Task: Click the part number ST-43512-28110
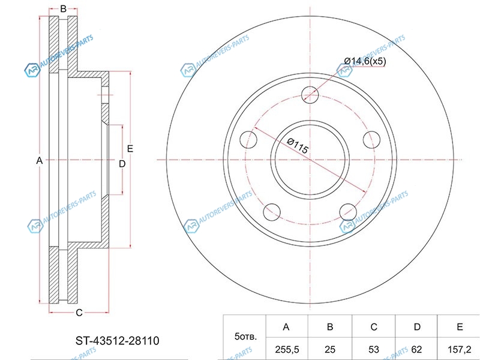tap(118, 341)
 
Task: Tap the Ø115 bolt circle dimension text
tap(298, 146)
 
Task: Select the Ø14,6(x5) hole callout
tap(365, 61)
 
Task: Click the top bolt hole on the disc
tap(310, 95)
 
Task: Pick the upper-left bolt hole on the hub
tap(248, 140)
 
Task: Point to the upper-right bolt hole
tap(371, 140)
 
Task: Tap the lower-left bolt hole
tap(272, 212)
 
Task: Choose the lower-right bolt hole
tap(348, 212)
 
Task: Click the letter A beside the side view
tap(39, 160)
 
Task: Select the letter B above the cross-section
tap(63, 9)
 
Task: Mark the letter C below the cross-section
tap(79, 313)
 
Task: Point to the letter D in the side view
tap(122, 164)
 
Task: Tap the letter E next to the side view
tap(130, 149)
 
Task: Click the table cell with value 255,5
tap(287, 349)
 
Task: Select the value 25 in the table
tap(329, 349)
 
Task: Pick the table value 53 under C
tap(373, 349)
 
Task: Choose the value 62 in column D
tap(416, 349)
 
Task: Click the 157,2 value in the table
tap(459, 349)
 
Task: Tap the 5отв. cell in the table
tap(245, 337)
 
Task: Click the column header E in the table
tap(460, 327)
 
